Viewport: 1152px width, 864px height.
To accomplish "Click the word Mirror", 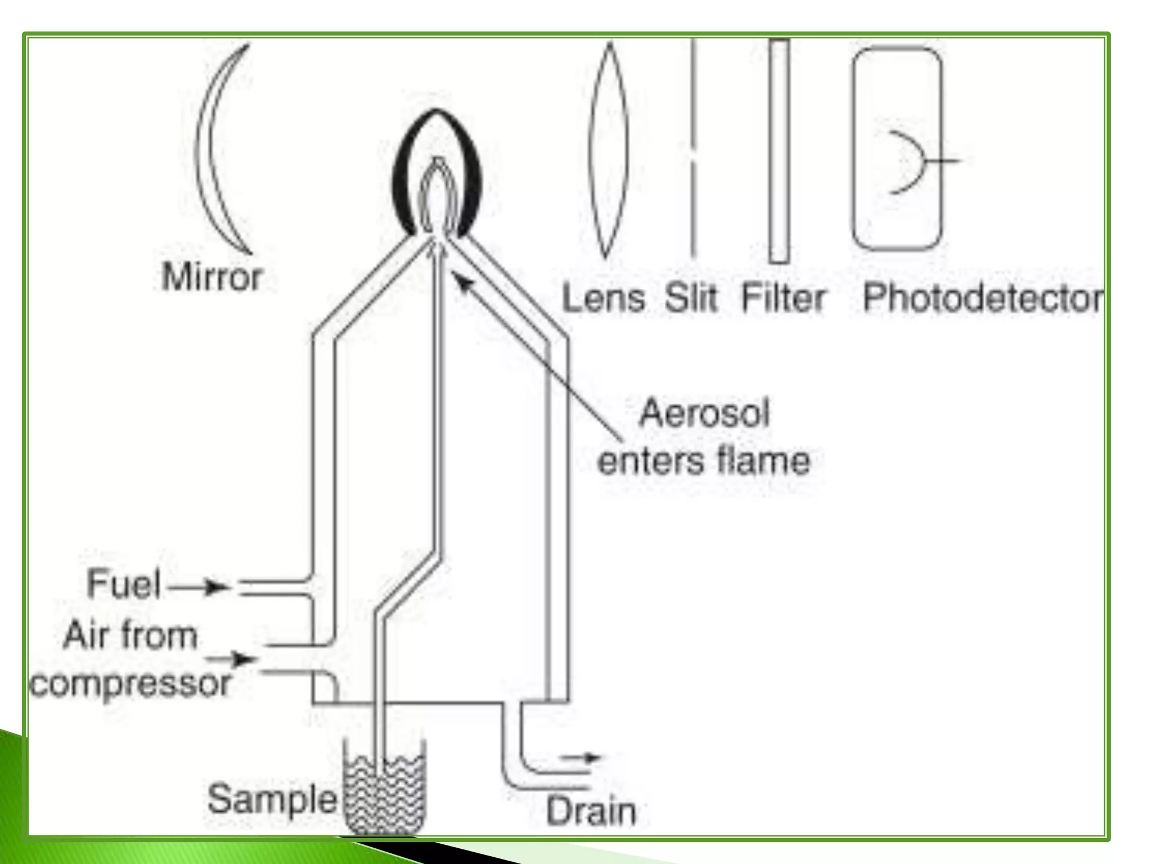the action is [212, 277].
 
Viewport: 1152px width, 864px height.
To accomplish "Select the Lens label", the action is [603, 298].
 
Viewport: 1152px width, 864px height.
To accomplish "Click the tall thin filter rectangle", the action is [779, 151].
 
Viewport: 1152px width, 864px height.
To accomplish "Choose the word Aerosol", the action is [704, 413].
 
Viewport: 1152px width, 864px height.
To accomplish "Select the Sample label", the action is [272, 798].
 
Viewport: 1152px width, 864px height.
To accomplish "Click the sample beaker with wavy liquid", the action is [385, 787].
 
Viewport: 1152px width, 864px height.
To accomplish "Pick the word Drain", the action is [591, 812].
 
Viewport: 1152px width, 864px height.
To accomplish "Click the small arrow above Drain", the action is [582, 758].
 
